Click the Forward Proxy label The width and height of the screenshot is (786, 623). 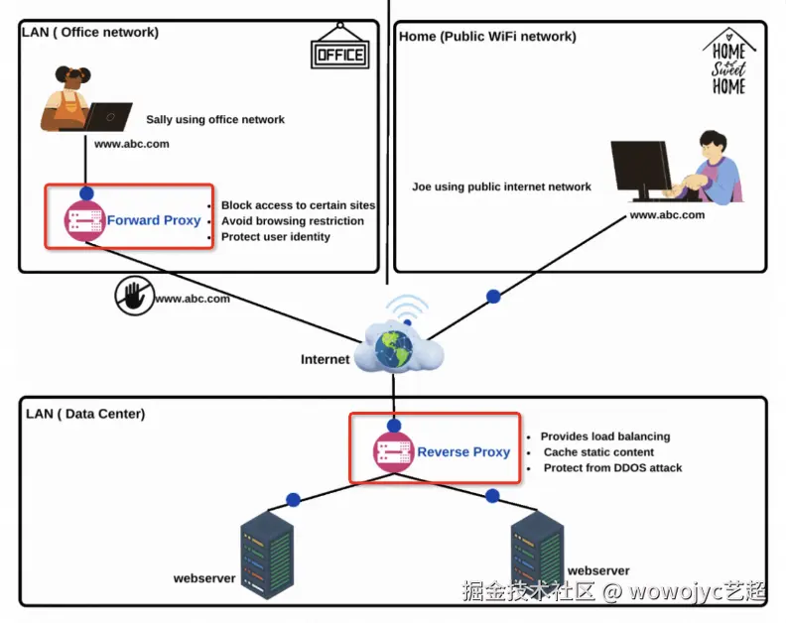(154, 220)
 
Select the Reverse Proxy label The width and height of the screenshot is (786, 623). (463, 452)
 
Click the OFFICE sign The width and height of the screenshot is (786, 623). (339, 54)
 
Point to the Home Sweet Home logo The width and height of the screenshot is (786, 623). (728, 62)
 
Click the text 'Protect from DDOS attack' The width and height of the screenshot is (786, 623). (612, 468)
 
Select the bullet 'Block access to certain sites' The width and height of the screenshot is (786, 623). (298, 206)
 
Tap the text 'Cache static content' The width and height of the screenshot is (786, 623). (598, 452)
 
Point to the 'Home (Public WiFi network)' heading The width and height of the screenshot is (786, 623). (487, 37)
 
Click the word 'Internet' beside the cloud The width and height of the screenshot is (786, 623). (326, 359)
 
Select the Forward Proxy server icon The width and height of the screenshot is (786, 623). (84, 220)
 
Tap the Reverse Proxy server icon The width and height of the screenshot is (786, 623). (393, 452)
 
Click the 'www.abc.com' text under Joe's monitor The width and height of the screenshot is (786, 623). (667, 215)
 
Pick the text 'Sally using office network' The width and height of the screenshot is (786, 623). (215, 120)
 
